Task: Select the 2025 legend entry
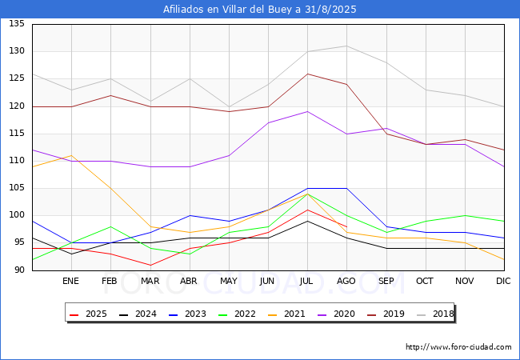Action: (88, 314)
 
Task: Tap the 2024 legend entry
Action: (138, 314)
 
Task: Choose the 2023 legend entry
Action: (187, 314)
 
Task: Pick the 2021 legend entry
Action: (286, 314)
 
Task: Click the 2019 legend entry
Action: (386, 314)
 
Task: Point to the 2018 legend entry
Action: (435, 314)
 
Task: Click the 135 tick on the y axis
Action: (17, 23)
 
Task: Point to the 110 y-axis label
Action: (17, 161)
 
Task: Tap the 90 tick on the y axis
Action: (19, 270)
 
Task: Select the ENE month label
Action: (70, 281)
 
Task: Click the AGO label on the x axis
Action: (346, 281)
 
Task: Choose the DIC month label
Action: (503, 281)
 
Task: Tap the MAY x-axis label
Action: (229, 281)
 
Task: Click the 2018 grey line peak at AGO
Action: (347, 46)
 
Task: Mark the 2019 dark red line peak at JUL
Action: (308, 74)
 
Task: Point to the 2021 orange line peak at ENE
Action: (72, 155)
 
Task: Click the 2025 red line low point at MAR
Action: (150, 265)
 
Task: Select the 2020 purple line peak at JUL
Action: (308, 111)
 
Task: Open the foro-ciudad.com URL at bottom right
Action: (458, 346)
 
